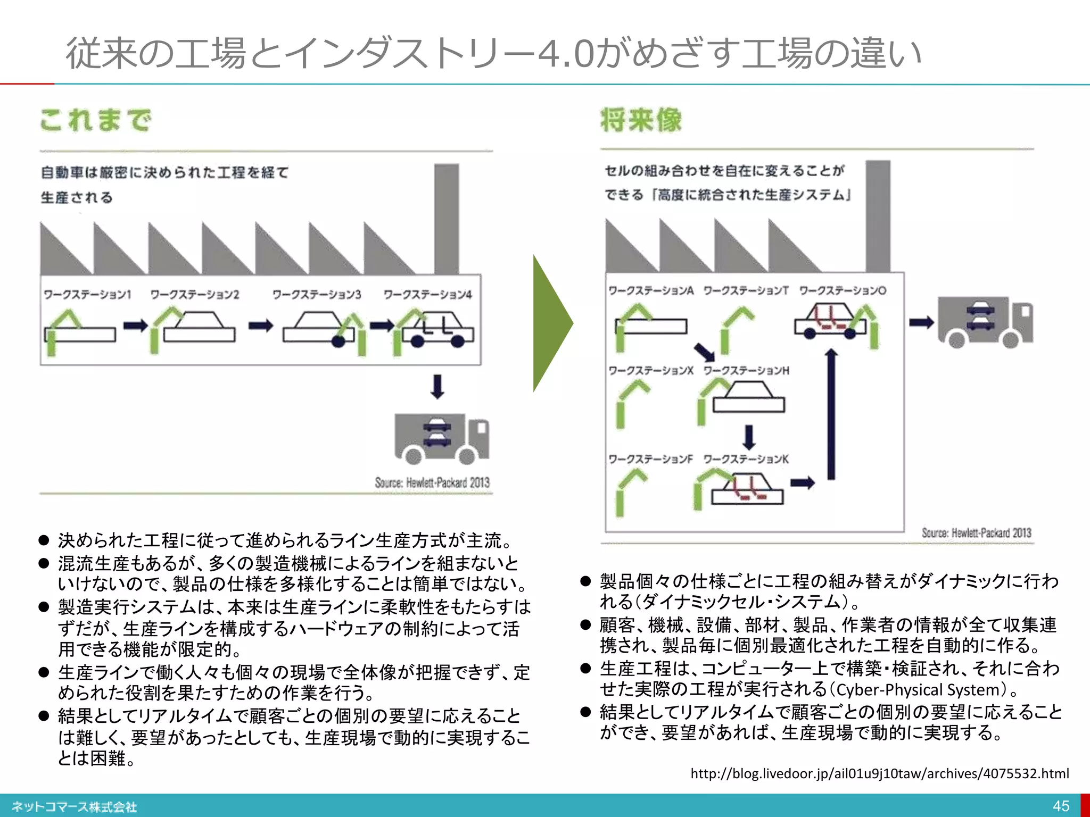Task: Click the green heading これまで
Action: [96, 120]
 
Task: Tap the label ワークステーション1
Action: [87, 294]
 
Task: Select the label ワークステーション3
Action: [317, 294]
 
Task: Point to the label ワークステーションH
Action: [746, 371]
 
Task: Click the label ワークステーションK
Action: [746, 459]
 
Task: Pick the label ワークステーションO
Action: [843, 290]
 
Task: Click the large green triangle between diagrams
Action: [551, 323]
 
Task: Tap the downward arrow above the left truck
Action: [437, 387]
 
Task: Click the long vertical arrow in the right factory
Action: [831, 415]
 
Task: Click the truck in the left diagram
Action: [442, 438]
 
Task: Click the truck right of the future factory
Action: [985, 322]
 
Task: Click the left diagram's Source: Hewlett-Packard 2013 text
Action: [432, 482]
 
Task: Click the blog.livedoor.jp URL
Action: [879, 773]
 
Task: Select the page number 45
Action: [1061, 806]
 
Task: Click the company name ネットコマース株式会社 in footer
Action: [75, 807]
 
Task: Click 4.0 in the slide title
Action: [565, 54]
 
